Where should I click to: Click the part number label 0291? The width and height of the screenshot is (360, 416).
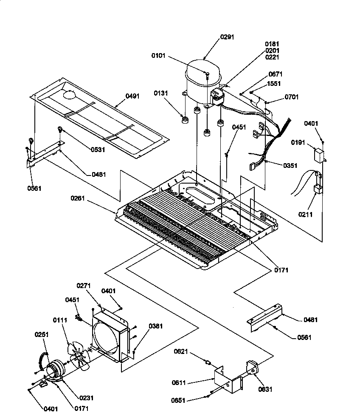[x=227, y=37]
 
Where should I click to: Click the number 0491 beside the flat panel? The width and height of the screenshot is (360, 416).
[x=132, y=96]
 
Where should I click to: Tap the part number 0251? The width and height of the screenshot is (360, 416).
[x=42, y=334]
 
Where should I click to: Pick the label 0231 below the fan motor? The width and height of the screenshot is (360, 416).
[x=86, y=398]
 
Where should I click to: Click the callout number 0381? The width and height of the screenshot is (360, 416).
[x=155, y=326]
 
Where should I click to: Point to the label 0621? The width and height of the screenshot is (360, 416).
[x=181, y=351]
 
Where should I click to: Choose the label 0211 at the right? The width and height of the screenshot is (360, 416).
[x=305, y=215]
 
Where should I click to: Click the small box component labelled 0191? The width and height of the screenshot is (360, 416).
[x=318, y=155]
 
